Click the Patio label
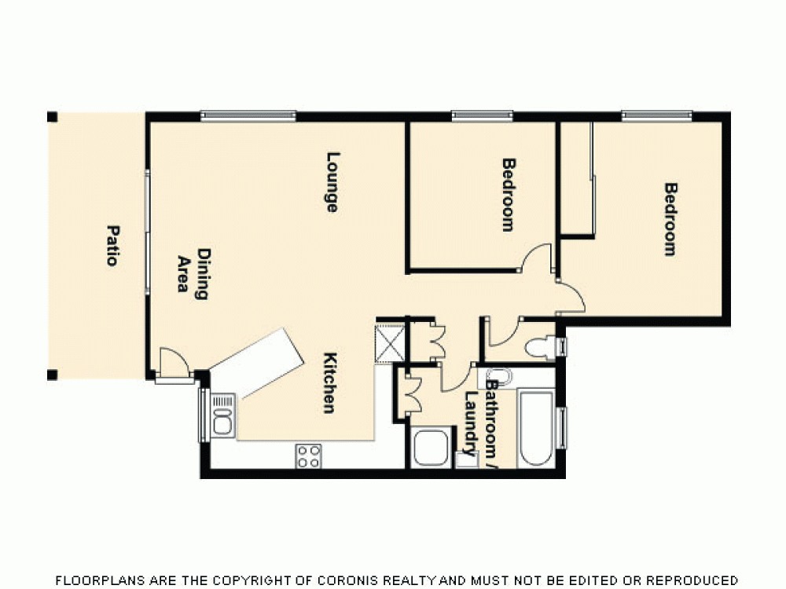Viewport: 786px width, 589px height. point(112,245)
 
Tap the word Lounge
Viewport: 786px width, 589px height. point(332,181)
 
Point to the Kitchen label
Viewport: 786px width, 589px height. point(330,382)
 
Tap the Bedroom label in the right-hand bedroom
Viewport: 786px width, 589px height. point(670,219)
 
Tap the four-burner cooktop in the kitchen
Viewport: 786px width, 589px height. point(308,455)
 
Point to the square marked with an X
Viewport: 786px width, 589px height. point(390,343)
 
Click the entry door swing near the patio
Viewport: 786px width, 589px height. point(173,364)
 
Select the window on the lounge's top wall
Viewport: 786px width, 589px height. point(248,116)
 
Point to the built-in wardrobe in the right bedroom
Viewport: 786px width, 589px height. point(577,178)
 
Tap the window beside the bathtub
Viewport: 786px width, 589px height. point(561,428)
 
